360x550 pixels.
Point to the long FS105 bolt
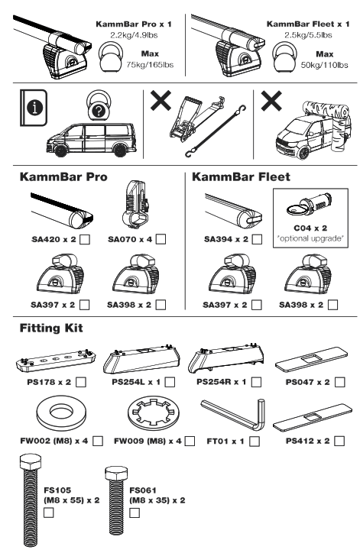31,500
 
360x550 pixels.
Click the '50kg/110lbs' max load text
326,65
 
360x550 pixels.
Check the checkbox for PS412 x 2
339,442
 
